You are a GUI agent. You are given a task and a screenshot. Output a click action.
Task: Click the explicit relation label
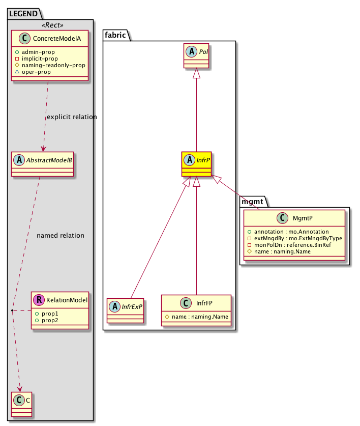click(71, 117)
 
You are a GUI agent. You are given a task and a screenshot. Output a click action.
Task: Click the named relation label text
click(61, 236)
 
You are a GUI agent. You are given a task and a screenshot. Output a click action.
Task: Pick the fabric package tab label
click(116, 35)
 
